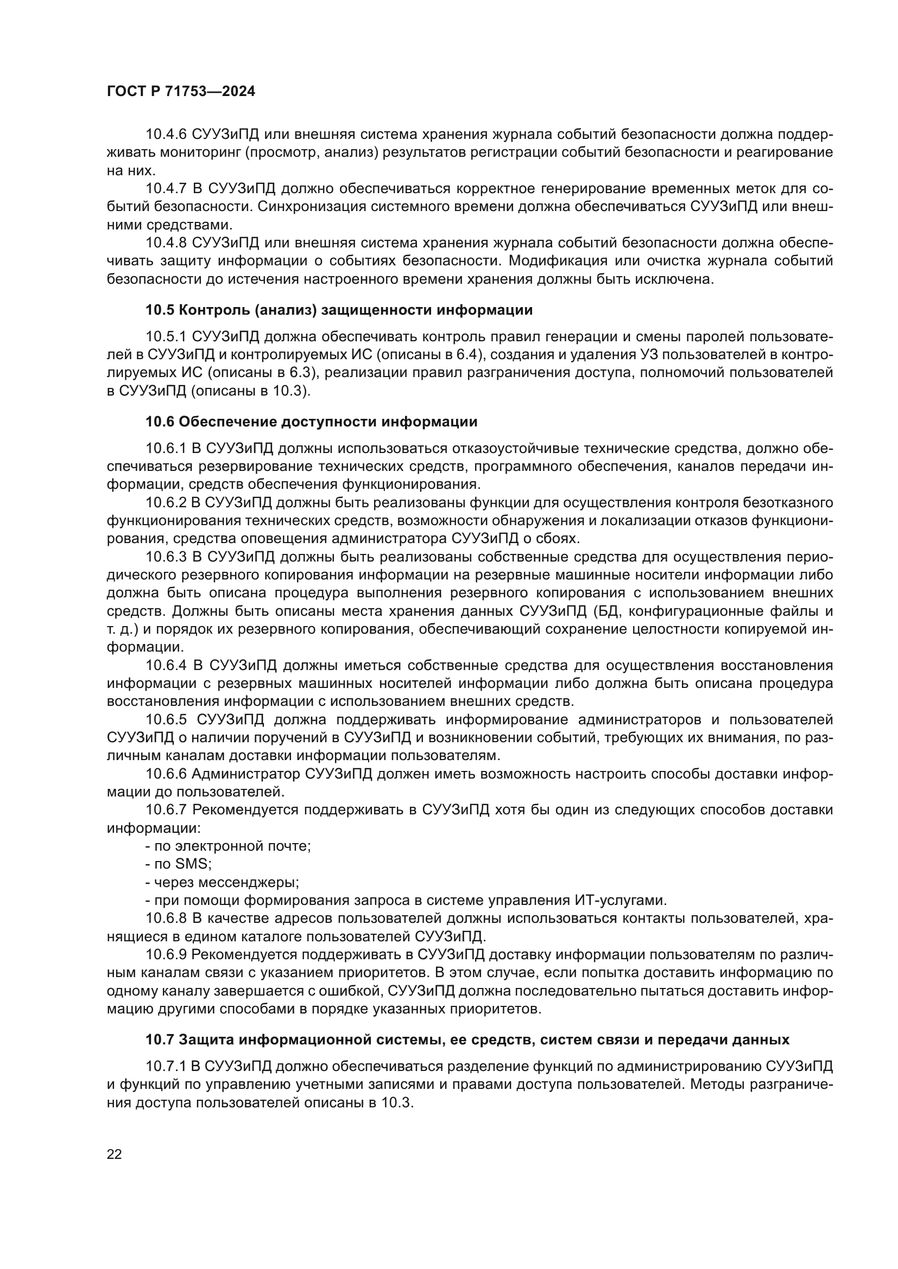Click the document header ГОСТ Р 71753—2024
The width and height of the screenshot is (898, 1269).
[181, 92]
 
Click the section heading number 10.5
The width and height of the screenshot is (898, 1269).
[160, 310]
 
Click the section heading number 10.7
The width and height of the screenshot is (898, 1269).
[160, 1040]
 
